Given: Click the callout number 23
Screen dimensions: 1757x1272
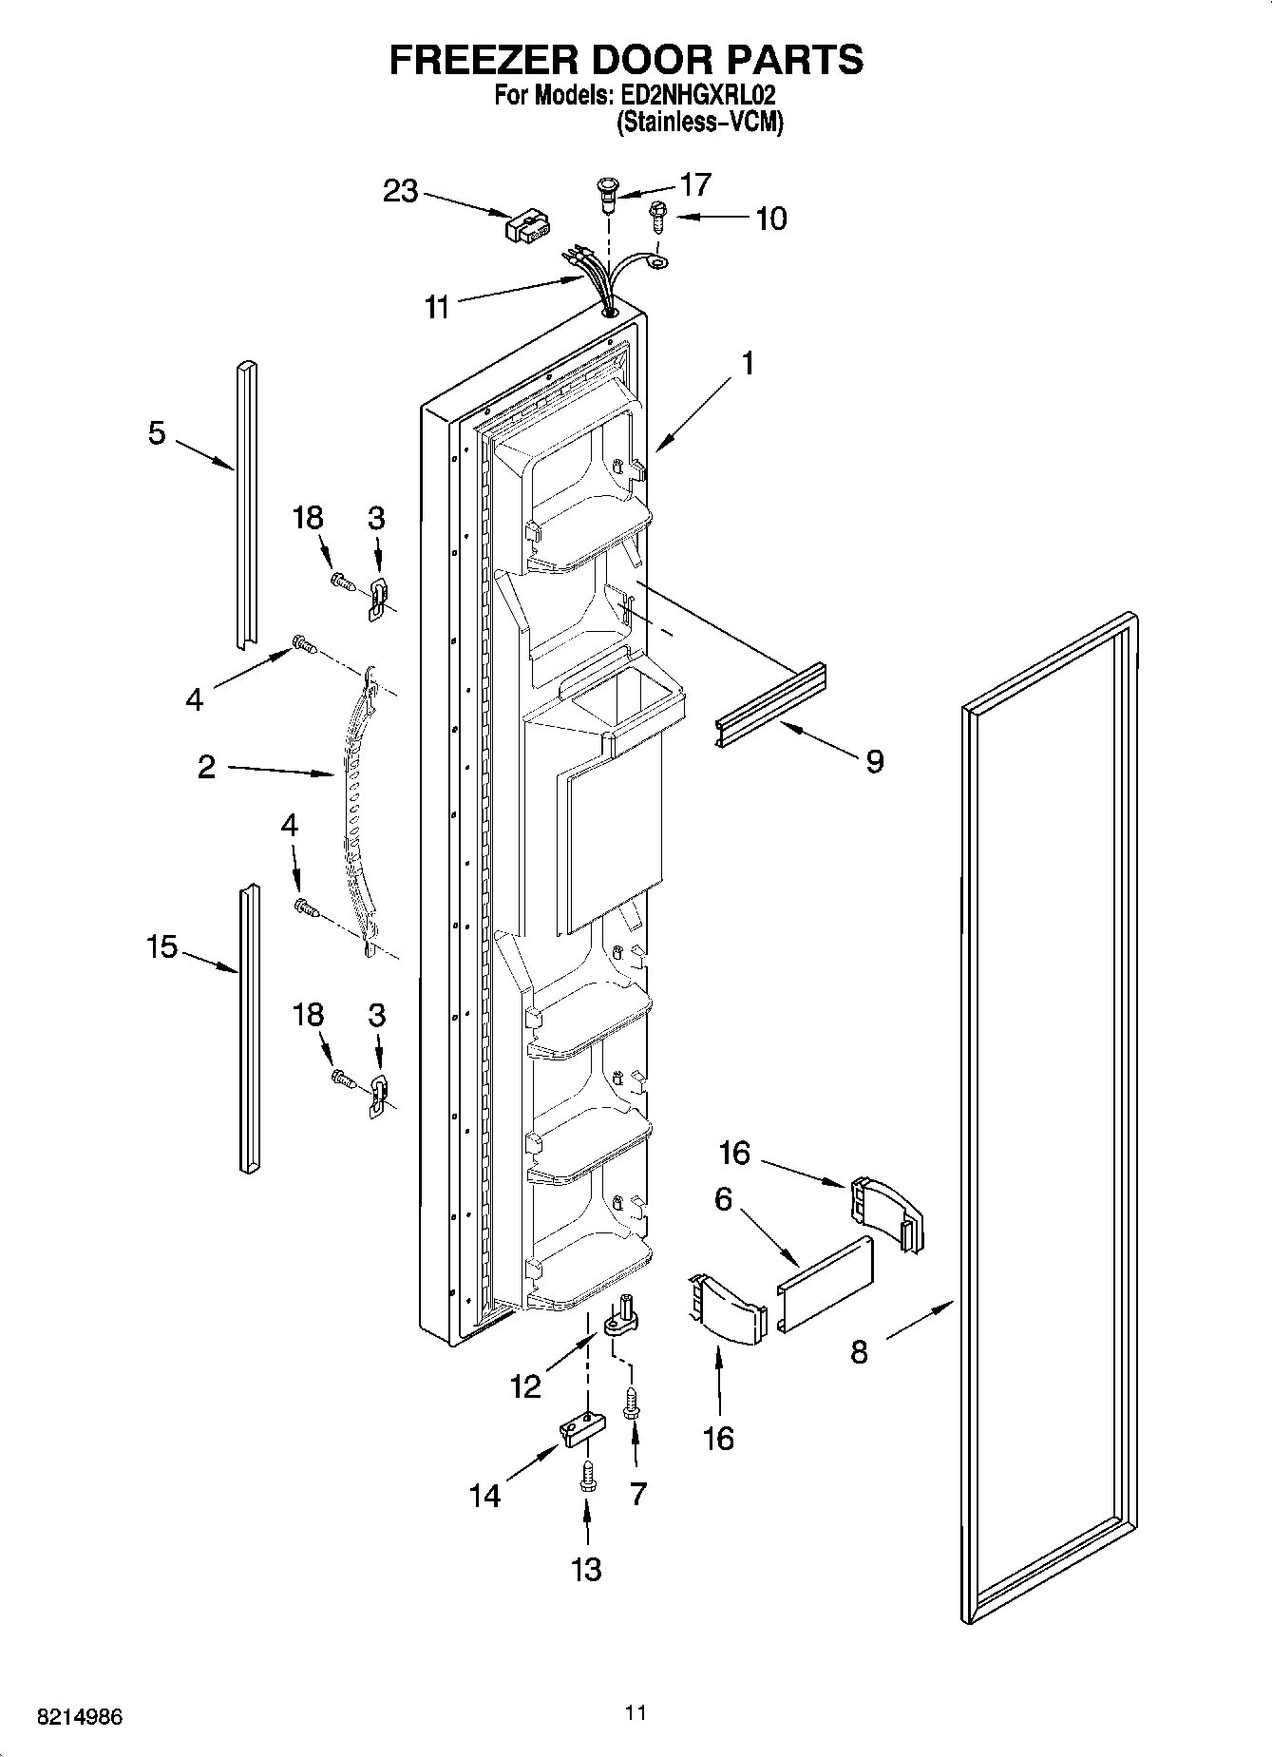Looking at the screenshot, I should (400, 191).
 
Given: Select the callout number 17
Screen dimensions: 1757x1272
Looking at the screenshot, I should (695, 184).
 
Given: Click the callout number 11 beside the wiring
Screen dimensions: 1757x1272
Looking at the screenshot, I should (436, 308).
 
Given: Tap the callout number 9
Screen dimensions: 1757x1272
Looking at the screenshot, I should (874, 760).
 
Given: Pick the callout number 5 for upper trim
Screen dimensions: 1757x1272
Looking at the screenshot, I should (157, 433).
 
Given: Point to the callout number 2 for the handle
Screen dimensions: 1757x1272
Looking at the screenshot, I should (206, 767).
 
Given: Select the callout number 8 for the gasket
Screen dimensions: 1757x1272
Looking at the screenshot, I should (859, 1351).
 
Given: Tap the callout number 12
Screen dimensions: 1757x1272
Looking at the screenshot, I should (525, 1386).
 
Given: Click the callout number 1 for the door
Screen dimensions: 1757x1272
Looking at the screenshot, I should (749, 363).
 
